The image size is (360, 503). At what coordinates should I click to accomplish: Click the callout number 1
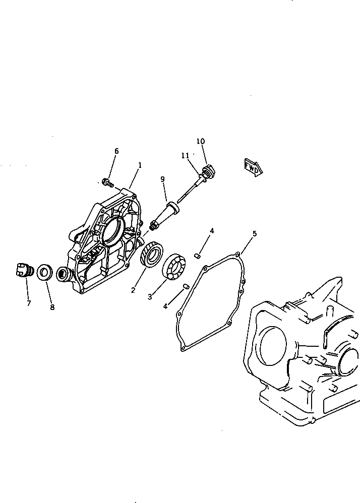[x=140, y=165]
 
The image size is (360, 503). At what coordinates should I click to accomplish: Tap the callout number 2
[x=133, y=290]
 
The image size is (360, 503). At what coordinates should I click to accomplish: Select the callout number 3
[x=150, y=297]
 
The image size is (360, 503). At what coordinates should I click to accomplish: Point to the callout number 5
[x=255, y=233]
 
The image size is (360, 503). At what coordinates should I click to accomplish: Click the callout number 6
[x=116, y=151]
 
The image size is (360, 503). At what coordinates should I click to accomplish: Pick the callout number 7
[x=28, y=303]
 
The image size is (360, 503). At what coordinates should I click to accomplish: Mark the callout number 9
[x=162, y=179]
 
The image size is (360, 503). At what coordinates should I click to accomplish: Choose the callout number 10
[x=201, y=141]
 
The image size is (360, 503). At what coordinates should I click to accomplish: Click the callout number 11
[x=185, y=156]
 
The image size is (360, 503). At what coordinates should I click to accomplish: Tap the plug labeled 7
[x=23, y=270]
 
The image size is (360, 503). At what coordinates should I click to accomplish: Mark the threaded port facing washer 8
[x=64, y=274]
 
